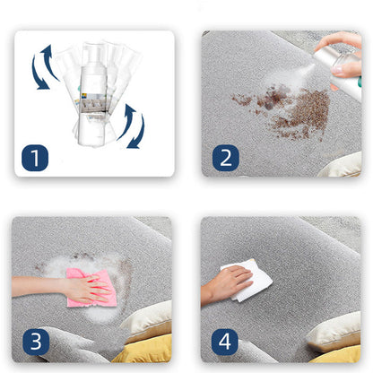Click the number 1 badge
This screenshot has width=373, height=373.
point(35,158)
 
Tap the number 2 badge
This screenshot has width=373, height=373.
point(226,158)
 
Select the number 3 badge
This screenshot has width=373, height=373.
point(36,342)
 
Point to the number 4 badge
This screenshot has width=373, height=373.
point(225,342)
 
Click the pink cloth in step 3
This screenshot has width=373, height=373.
point(90,288)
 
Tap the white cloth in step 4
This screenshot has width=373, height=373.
point(249,281)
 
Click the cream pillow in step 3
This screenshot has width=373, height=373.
point(148,320)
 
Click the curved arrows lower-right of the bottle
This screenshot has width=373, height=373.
point(132,126)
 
